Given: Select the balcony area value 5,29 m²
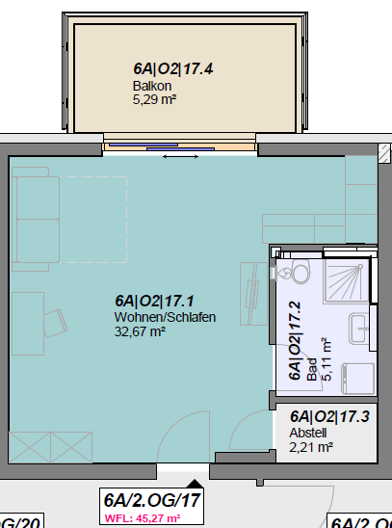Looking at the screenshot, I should (x=154, y=98).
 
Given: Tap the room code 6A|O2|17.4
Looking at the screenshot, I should (x=172, y=69).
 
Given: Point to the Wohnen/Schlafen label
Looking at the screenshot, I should (x=165, y=317).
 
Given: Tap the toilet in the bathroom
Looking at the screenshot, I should (x=289, y=274).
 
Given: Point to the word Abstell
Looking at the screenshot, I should (x=308, y=433).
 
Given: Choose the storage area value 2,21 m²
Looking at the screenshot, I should (x=311, y=446).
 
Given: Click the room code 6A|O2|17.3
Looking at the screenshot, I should (x=328, y=417).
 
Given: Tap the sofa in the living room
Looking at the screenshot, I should (x=38, y=218).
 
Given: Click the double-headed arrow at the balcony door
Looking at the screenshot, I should (x=175, y=156).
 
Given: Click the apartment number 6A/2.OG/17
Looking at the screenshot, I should (x=152, y=500).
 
